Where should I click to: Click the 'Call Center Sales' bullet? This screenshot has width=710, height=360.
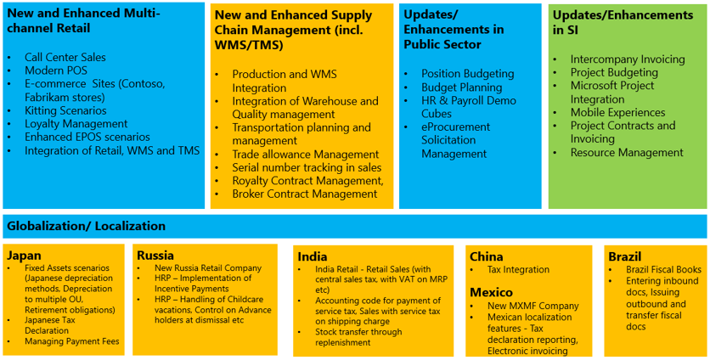pos(65,57)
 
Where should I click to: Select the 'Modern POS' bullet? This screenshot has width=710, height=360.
pos(57,70)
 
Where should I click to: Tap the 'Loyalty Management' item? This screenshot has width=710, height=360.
pos(76,124)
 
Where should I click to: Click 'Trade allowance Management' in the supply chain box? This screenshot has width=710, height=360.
pos(305,155)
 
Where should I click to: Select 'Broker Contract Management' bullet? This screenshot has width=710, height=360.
pos(304,194)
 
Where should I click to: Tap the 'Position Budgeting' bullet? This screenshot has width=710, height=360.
pos(467,74)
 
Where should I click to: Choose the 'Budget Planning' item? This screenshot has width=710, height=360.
pos(461,87)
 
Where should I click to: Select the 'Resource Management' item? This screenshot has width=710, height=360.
pos(626,153)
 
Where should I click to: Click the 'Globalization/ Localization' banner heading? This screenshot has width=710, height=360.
pos(86,227)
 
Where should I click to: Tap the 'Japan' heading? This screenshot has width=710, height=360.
pos(24,256)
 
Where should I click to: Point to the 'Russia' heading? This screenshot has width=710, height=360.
pos(155,255)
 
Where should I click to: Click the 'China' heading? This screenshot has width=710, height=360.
pos(486,256)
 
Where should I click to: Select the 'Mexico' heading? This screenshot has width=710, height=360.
pos(492,292)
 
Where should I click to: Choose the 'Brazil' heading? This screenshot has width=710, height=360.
pos(624,256)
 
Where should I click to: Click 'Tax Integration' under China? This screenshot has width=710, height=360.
pos(518,270)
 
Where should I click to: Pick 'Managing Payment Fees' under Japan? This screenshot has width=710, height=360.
pos(71,341)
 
